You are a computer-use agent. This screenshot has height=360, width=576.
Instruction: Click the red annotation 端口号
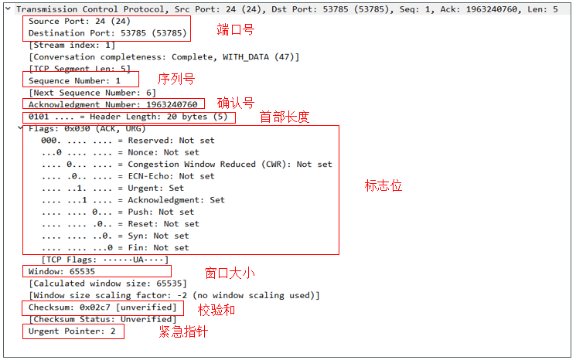click(236, 29)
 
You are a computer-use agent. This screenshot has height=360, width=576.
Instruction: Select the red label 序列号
click(176, 79)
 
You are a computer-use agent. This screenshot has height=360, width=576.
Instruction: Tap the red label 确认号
click(236, 103)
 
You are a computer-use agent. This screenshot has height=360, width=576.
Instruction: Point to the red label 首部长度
click(285, 117)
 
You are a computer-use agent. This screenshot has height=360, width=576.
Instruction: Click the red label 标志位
click(383, 185)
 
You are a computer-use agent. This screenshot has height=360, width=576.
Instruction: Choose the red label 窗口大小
click(230, 273)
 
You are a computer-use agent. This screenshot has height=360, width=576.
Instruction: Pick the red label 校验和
click(216, 310)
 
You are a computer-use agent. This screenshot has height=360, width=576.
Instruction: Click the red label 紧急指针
click(183, 331)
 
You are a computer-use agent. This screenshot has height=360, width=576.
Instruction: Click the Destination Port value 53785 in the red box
click(133, 33)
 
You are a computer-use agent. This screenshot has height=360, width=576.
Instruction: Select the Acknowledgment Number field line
click(113, 104)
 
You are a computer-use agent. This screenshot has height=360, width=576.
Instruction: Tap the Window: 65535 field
click(62, 272)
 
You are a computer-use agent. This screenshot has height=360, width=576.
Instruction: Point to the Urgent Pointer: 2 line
click(72, 331)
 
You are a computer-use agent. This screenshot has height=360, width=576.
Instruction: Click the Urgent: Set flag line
click(112, 188)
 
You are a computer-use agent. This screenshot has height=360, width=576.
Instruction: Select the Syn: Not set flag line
click(115, 236)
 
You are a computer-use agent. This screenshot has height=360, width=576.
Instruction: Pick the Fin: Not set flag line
click(115, 248)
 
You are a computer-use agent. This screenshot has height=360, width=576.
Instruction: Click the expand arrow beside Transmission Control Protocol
click(8, 8)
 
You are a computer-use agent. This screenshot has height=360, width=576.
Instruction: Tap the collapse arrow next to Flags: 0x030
click(20, 128)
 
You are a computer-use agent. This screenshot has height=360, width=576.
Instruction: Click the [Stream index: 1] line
click(72, 45)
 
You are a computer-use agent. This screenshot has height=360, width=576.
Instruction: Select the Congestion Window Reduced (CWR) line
click(186, 165)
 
